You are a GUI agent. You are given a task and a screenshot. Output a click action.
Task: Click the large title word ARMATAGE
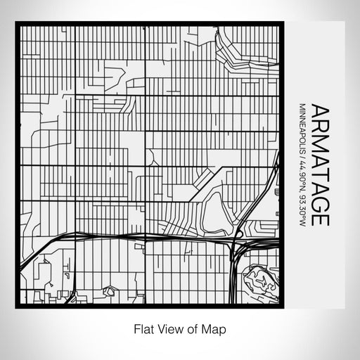point(319,165)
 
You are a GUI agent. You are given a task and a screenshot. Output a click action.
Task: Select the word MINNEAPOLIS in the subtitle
point(302,129)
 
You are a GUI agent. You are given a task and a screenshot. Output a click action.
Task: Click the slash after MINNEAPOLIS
point(302,159)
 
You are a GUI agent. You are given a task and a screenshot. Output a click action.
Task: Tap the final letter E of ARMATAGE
point(319,219)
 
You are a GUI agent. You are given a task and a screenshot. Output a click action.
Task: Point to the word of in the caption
point(192,328)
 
